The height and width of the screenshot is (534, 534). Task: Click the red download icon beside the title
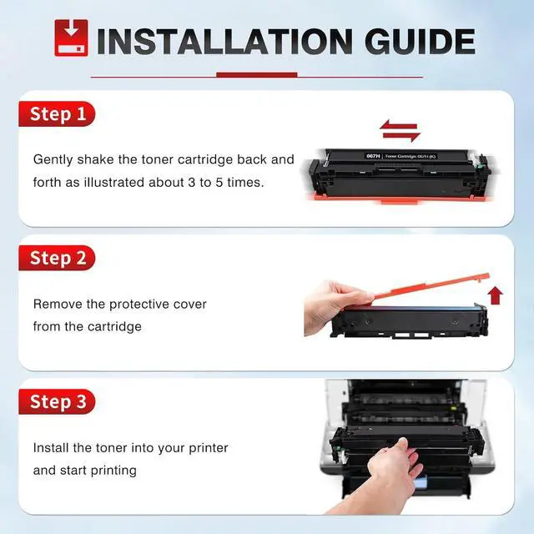pos(71,38)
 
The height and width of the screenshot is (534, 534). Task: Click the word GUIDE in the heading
pos(420,42)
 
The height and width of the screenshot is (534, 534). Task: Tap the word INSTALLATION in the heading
pos(224,42)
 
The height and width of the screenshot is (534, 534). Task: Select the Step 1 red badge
pos(57,113)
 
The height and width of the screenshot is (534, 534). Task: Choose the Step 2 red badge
pos(57,258)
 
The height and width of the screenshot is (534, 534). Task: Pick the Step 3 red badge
pos(57,401)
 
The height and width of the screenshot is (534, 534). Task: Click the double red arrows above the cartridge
pos(400,131)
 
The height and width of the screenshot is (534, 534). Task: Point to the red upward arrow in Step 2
pos(495,295)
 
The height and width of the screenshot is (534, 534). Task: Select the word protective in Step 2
pos(139,305)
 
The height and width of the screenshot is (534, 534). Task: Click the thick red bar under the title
pos(257,75)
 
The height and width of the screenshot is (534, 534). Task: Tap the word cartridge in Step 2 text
pos(114,327)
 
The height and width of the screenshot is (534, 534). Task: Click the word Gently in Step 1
pos(53,160)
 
